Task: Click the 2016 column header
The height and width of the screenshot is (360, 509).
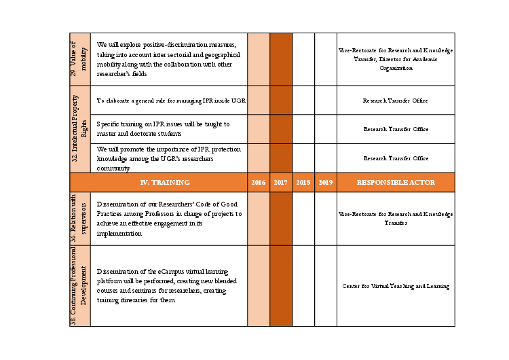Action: pyautogui.click(x=259, y=183)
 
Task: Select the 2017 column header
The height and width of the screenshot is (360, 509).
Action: pyautogui.click(x=281, y=183)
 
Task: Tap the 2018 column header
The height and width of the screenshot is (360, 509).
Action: pyautogui.click(x=303, y=183)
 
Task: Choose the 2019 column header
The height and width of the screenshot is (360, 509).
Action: pyautogui.click(x=326, y=183)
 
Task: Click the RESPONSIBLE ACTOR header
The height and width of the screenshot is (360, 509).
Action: pyautogui.click(x=396, y=183)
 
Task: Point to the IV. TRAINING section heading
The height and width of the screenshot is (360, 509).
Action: pyautogui.click(x=165, y=183)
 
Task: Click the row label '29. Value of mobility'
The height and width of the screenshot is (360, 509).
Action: pyautogui.click(x=79, y=59)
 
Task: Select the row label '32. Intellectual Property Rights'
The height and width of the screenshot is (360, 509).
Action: pyautogui.click(x=79, y=129)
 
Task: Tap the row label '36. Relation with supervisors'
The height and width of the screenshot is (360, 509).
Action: pyautogui.click(x=79, y=219)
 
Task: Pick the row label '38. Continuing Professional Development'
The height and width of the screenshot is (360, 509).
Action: pyautogui.click(x=79, y=286)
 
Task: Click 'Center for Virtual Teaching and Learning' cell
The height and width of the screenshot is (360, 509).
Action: pyautogui.click(x=396, y=287)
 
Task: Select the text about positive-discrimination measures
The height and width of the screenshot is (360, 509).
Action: pyautogui.click(x=166, y=59)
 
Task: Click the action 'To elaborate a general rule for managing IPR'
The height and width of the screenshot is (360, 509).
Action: pyautogui.click(x=170, y=101)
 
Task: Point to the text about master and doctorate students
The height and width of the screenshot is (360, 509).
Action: pyautogui.click(x=163, y=129)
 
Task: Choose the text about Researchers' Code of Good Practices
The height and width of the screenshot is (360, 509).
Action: pyautogui.click(x=168, y=219)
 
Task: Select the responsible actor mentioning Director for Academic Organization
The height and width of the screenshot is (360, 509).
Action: pyautogui.click(x=396, y=60)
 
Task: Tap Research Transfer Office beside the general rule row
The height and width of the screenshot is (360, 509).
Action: pyautogui.click(x=396, y=101)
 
